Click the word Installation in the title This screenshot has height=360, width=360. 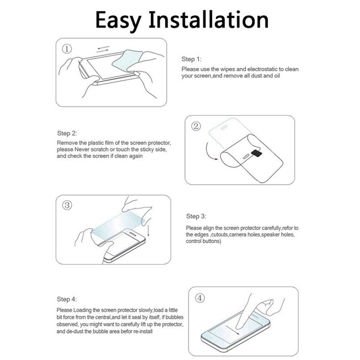(x=208, y=20)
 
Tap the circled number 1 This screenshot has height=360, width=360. (x=67, y=49)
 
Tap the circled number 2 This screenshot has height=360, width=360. (x=196, y=126)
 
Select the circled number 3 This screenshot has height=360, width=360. (x=67, y=205)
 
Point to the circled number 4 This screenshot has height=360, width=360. (x=200, y=298)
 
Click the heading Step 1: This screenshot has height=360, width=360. (x=191, y=59)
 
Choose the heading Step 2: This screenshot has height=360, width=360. (x=67, y=133)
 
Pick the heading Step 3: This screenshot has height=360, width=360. (x=196, y=216)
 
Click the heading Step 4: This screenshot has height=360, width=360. (x=67, y=299)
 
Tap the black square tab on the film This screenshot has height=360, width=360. (x=257, y=153)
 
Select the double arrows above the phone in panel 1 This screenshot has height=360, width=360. (x=103, y=49)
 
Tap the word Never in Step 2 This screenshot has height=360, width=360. (x=82, y=149)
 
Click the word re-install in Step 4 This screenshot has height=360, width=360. (x=142, y=331)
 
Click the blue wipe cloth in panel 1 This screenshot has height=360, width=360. (x=127, y=60)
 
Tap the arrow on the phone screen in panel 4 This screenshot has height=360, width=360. (x=233, y=330)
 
